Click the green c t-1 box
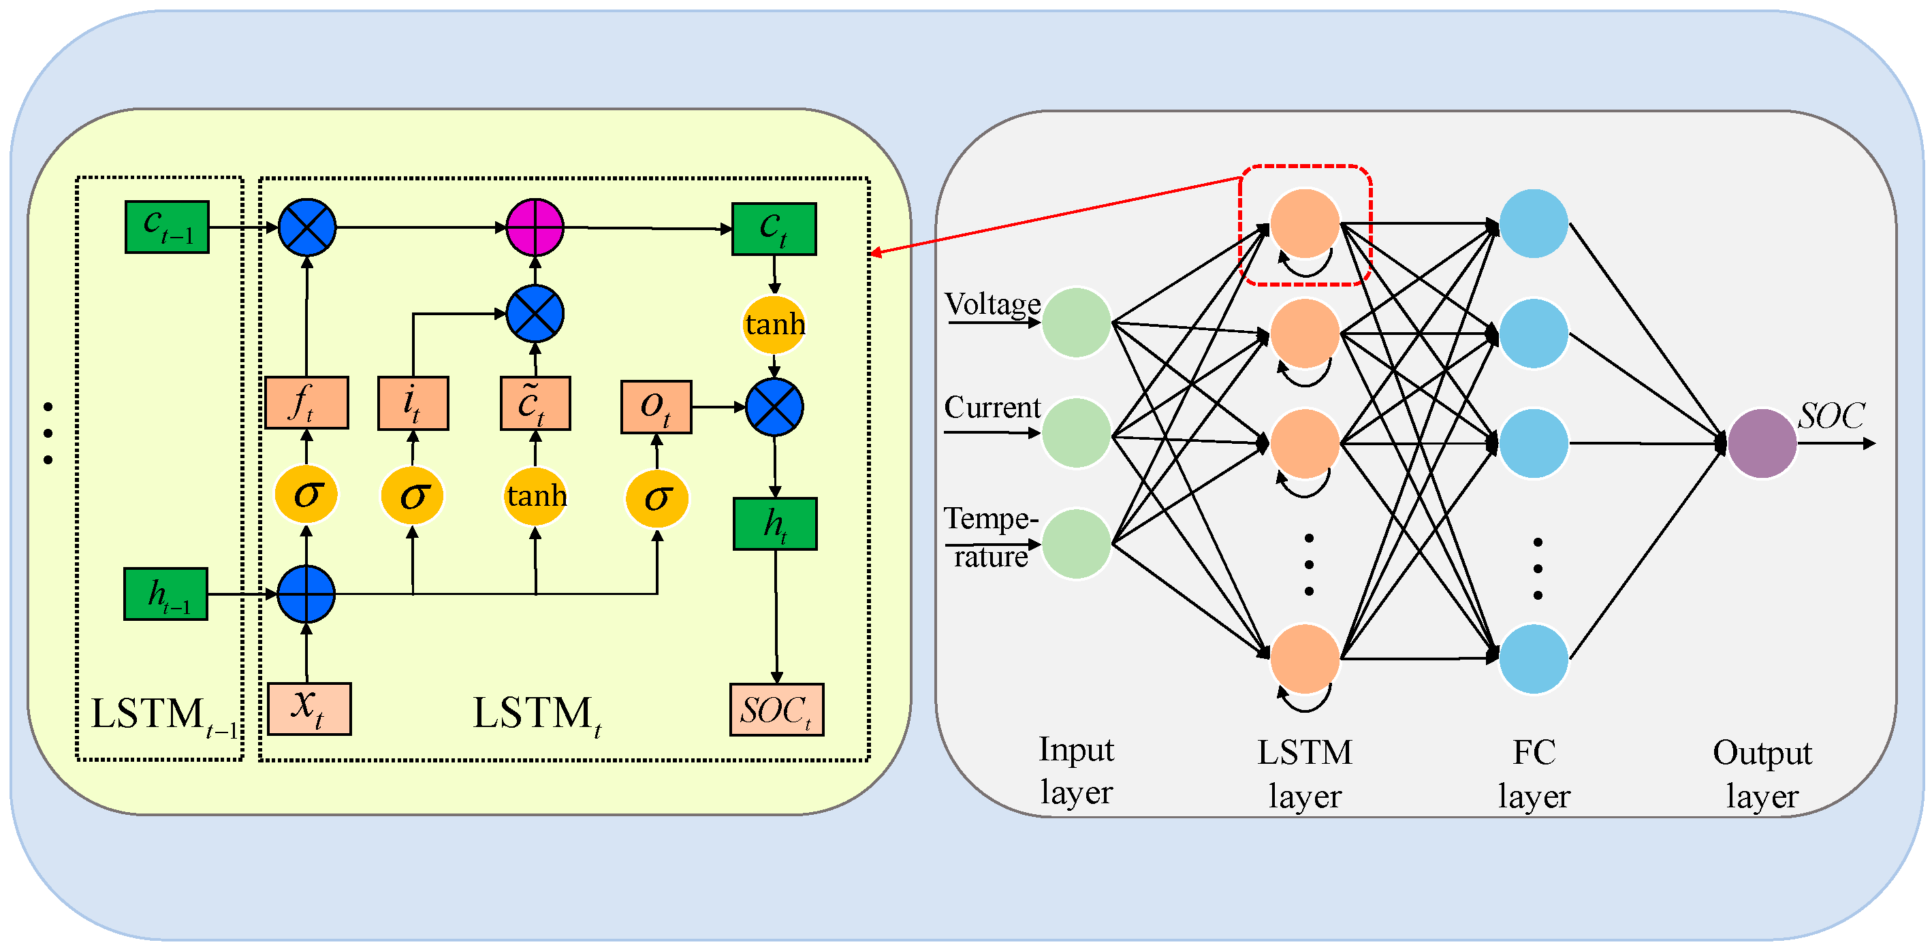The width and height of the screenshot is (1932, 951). (166, 227)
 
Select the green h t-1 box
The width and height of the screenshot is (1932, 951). (165, 594)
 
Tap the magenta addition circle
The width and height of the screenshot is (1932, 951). (535, 227)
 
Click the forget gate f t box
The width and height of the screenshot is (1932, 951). (306, 403)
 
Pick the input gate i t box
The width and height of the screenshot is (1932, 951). (413, 404)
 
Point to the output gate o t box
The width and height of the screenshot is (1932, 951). (656, 406)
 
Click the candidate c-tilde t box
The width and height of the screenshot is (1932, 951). (535, 404)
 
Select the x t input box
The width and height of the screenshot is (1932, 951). (309, 709)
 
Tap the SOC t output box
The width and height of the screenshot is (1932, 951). (777, 709)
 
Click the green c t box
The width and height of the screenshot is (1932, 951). (774, 229)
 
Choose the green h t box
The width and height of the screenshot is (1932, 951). (775, 523)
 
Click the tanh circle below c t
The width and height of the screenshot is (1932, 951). (774, 325)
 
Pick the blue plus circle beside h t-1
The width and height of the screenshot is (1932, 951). (306, 594)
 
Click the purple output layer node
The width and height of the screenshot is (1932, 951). (1762, 443)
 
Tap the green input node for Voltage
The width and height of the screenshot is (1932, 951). (1076, 323)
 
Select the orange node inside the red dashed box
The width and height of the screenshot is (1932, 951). (1305, 223)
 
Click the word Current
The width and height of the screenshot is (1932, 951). (992, 407)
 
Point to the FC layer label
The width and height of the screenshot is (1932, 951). (1534, 774)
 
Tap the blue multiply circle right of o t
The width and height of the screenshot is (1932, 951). (775, 407)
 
